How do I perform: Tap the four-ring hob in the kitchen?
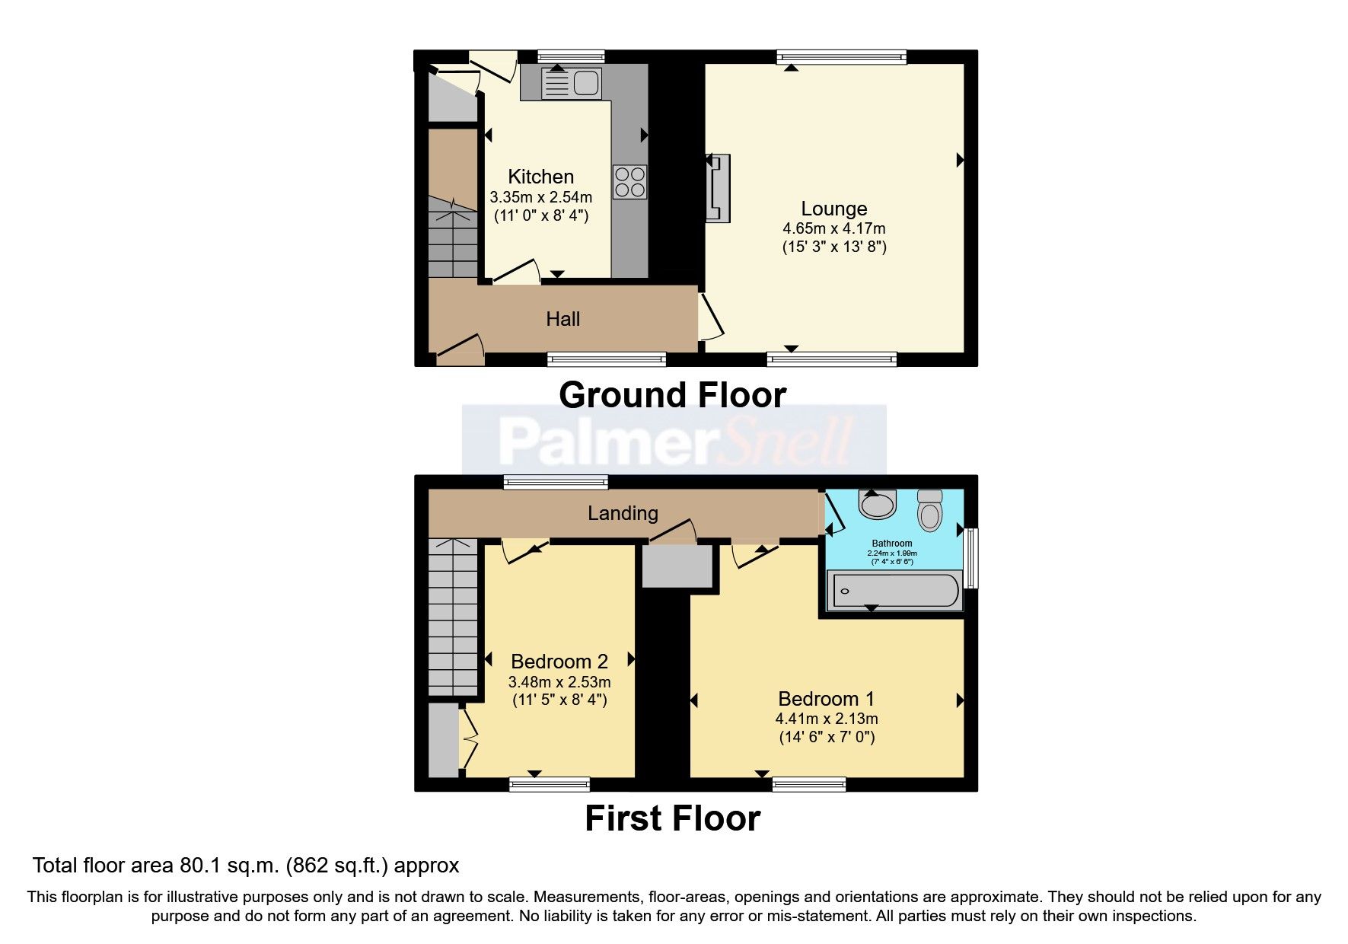(630, 182)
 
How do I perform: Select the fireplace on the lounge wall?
(718, 188)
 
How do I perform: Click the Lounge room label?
(833, 209)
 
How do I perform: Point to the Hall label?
(562, 319)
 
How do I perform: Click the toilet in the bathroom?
(929, 510)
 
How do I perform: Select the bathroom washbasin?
(877, 504)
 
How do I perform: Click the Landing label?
(622, 513)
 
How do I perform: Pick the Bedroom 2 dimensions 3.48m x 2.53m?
(559, 682)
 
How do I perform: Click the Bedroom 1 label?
(826, 699)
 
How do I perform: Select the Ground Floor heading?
(672, 395)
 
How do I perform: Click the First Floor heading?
(672, 819)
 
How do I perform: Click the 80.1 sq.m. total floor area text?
(245, 866)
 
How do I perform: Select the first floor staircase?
(453, 617)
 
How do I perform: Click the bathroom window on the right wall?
(971, 558)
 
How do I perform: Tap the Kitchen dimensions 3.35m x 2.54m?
(540, 197)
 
